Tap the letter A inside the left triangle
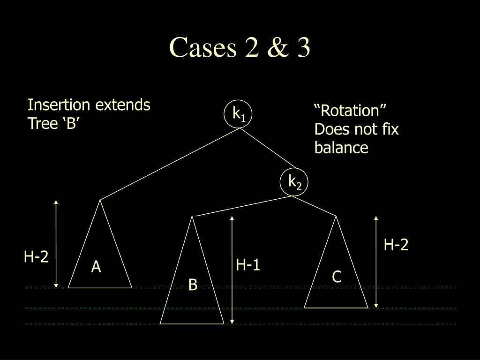[x=96, y=267]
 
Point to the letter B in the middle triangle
[x=193, y=285]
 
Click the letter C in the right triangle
[x=337, y=277]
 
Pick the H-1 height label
[x=248, y=265]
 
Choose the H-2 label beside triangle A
[x=37, y=256]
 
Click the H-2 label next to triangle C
[x=397, y=245]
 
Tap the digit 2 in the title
[x=252, y=48]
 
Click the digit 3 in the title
[x=302, y=48]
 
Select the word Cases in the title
[x=202, y=48]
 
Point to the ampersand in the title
[x=277, y=48]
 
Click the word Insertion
[x=60, y=105]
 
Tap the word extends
[x=123, y=105]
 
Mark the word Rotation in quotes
[x=350, y=111]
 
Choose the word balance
[x=341, y=148]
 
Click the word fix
[x=390, y=129]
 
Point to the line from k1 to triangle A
[x=169, y=164]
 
